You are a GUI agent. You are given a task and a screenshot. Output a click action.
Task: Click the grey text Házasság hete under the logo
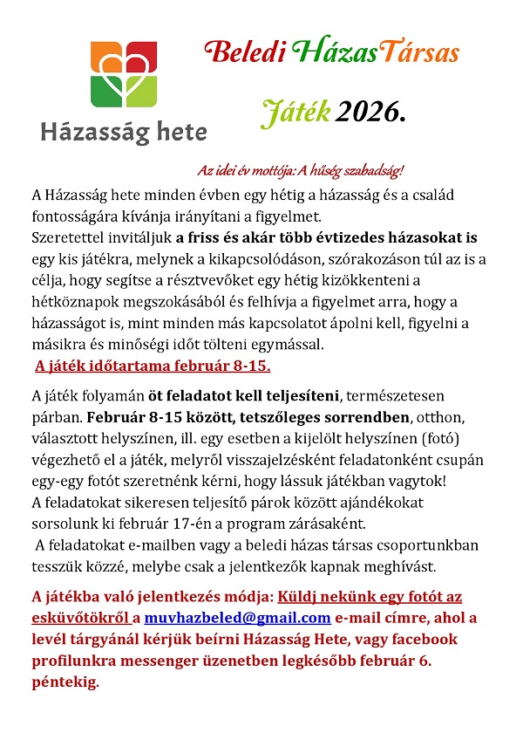(124, 133)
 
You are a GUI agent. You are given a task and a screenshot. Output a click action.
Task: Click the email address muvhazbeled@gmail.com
(237, 619)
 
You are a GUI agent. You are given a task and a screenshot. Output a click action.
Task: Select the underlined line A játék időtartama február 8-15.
(153, 366)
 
